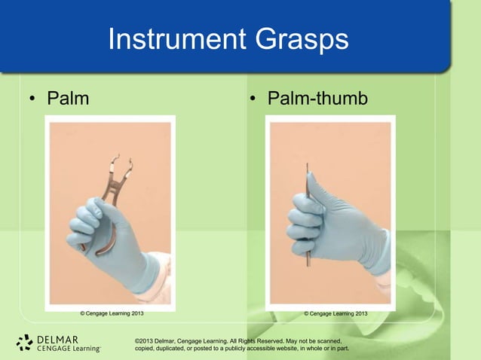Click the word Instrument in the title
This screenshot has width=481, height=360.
coord(172,40)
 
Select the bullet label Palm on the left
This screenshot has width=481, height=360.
coord(68,99)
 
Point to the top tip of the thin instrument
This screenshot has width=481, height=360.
coord(307,166)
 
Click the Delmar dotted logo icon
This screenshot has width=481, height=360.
coord(24,343)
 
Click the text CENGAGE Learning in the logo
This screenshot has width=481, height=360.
coord(68,349)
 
